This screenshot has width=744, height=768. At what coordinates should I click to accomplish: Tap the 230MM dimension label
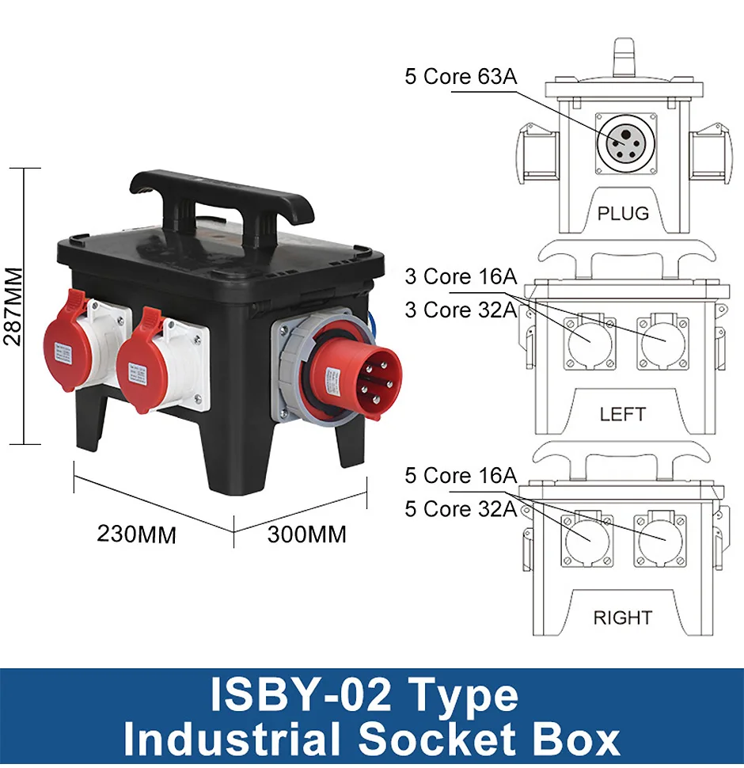coord(137,534)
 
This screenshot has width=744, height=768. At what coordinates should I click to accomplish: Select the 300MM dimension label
coord(307,534)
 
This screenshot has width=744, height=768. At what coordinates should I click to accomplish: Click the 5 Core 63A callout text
coord(461,77)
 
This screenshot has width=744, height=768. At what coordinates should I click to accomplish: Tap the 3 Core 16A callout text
coord(461,276)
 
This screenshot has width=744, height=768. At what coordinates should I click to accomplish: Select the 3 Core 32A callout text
coord(461,310)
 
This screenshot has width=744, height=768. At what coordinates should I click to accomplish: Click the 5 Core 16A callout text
coord(461,475)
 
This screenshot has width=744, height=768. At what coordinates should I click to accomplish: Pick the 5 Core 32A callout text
coord(461,508)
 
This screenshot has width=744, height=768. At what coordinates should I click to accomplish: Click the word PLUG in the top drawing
coord(623,214)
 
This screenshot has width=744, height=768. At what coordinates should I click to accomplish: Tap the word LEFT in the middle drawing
coord(623,414)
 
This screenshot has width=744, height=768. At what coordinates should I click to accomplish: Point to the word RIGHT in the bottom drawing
coord(623,618)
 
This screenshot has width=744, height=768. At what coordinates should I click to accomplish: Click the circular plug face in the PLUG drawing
coord(625,144)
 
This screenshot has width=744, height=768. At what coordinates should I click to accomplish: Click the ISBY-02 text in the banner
coord(301,695)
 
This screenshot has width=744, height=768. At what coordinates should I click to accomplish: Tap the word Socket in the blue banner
coord(436,739)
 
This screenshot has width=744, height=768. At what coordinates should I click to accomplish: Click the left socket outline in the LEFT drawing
coord(590,342)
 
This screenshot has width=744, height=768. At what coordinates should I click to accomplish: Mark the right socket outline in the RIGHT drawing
coord(658,540)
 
